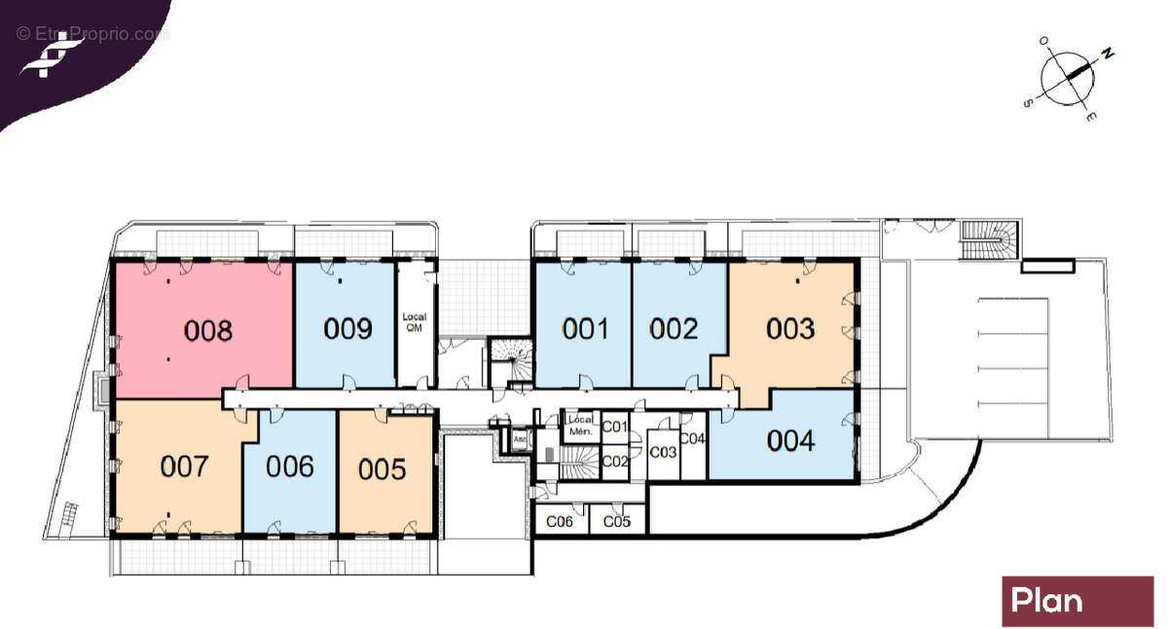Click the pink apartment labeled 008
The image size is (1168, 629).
pyautogui.click(x=208, y=330)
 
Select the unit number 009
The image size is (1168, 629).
pyautogui.click(x=347, y=328)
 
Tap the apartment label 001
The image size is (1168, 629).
pyautogui.click(x=585, y=328)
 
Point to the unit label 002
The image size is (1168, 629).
pyautogui.click(x=675, y=328)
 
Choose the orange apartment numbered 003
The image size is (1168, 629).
pyautogui.click(x=790, y=328)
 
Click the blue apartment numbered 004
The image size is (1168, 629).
pyautogui.click(x=790, y=441)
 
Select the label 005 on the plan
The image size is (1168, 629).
pyautogui.click(x=382, y=469)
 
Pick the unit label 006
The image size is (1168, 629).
pyautogui.click(x=290, y=466)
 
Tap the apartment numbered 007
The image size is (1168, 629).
pyautogui.click(x=184, y=466)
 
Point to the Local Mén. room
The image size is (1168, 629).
pyautogui.click(x=580, y=425)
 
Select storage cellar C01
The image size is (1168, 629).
pyautogui.click(x=614, y=426)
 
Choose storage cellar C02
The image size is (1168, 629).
pyautogui.click(x=615, y=461)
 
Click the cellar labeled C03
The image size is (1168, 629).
pyautogui.click(x=663, y=452)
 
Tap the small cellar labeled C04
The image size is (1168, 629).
pyautogui.click(x=692, y=439)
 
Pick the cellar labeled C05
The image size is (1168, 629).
pyautogui.click(x=616, y=522)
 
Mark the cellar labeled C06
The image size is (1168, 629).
pyautogui.click(x=559, y=522)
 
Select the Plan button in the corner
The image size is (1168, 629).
pyautogui.click(x=1077, y=601)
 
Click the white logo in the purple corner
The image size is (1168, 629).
pyautogui.click(x=50, y=54)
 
